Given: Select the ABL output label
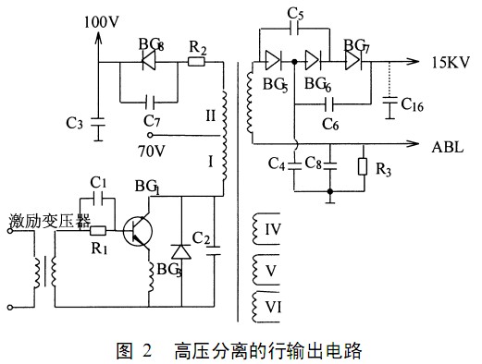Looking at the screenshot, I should coord(449,144).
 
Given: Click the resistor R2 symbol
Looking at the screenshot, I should coord(196,63).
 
